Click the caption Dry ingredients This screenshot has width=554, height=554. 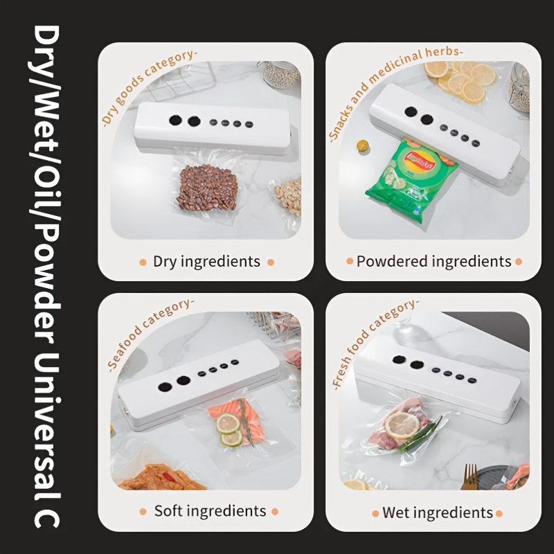(x=206, y=262)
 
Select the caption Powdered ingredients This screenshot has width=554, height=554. (x=434, y=262)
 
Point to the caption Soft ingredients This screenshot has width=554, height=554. (x=211, y=511)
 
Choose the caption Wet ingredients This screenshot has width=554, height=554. (x=438, y=513)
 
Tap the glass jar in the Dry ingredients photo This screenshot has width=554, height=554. (x=281, y=75)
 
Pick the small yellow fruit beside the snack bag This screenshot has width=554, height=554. (x=362, y=145)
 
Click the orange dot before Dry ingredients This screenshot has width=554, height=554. (x=143, y=262)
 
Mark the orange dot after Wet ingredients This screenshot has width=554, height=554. (x=499, y=513)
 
